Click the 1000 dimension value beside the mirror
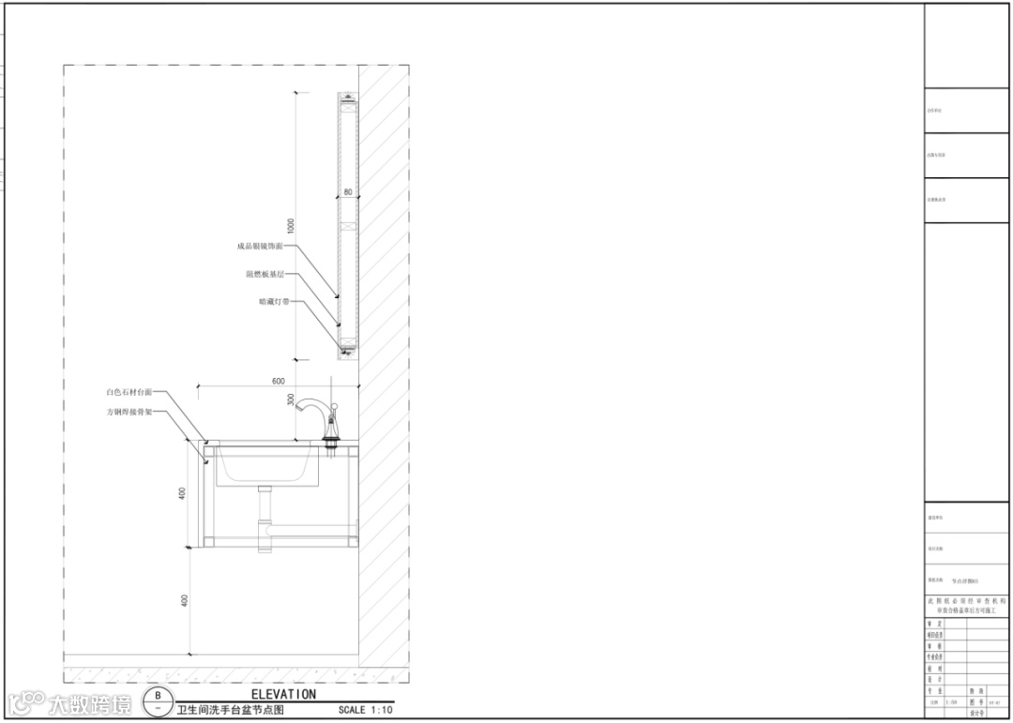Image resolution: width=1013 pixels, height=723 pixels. (x=291, y=226)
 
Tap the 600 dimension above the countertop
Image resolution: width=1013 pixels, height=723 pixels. (x=278, y=381)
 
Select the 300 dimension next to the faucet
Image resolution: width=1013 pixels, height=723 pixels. (x=291, y=400)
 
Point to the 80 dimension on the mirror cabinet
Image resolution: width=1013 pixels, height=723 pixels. (x=348, y=192)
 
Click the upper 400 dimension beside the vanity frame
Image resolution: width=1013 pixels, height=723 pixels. (x=183, y=492)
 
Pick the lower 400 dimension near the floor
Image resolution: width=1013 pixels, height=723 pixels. (x=183, y=600)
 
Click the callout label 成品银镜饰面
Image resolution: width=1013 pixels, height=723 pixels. (x=259, y=247)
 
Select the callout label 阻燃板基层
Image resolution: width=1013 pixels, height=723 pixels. (x=265, y=275)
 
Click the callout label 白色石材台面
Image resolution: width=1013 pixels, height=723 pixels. (x=129, y=392)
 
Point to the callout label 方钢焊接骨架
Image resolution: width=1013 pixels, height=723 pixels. (x=129, y=412)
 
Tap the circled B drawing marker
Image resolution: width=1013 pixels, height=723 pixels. (x=158, y=695)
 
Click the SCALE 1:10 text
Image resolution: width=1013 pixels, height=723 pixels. (x=366, y=711)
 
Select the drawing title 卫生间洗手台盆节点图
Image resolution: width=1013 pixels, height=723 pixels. (x=230, y=711)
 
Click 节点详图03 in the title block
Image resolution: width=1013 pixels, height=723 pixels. (x=965, y=581)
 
